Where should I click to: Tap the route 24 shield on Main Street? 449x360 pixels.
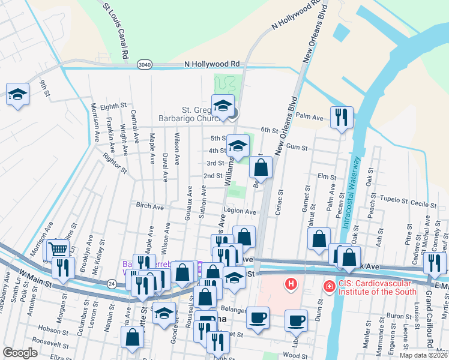pos(112,283)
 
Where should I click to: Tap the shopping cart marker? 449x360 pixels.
pos(58,249)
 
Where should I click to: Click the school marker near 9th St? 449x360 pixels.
pos(18,94)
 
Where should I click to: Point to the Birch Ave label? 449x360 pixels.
pos(150,206)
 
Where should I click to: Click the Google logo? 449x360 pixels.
pos(20,353)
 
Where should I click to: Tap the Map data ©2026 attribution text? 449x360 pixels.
pos(420,355)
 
